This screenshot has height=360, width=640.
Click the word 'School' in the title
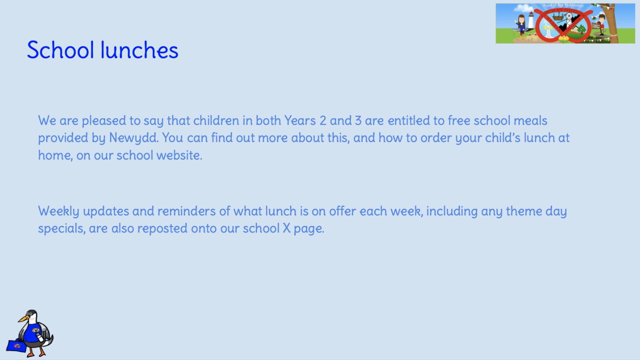(x=60, y=50)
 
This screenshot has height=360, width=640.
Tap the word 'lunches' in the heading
(x=140, y=50)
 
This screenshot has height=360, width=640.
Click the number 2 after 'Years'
(x=323, y=120)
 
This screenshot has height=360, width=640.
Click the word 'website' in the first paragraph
(x=179, y=155)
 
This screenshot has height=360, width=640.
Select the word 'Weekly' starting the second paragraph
(x=58, y=212)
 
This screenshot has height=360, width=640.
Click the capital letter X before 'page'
(x=286, y=228)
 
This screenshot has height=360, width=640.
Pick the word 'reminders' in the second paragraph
(x=186, y=211)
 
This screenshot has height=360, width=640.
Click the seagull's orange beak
(x=24, y=318)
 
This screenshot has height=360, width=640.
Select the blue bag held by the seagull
(x=16, y=346)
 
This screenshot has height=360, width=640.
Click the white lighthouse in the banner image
(x=530, y=22)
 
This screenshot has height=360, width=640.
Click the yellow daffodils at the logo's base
(x=563, y=38)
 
